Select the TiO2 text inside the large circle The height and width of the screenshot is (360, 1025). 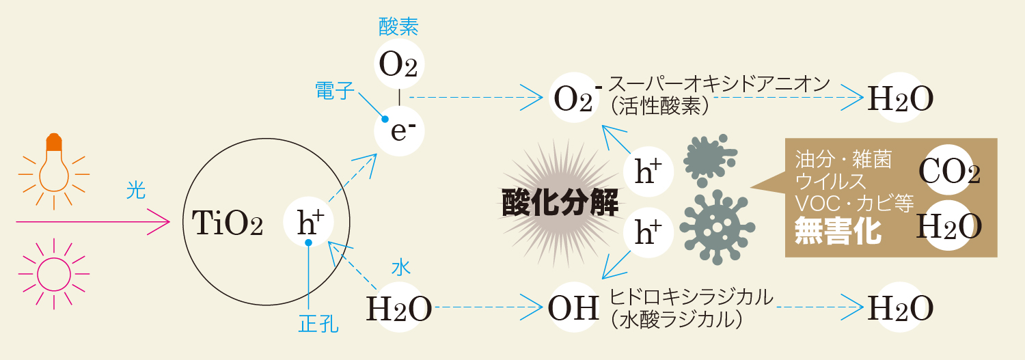coord(228,223)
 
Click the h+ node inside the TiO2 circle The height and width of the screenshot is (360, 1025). coord(308,222)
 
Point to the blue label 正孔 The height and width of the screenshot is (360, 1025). coord(318,324)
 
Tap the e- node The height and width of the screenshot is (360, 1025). coord(399,130)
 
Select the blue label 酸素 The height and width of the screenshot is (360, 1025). coord(398,27)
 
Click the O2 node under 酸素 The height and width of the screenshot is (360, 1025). coord(398,65)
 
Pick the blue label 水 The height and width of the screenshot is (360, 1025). coord(400,268)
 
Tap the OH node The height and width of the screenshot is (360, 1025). coord(574,308)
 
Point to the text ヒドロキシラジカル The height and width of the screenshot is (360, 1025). coord(691,297)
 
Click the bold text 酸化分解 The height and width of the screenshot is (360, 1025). coord(560,202)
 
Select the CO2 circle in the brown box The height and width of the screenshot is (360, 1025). coord(949,171)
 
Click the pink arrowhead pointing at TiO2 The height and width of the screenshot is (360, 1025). coord(162,221)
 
